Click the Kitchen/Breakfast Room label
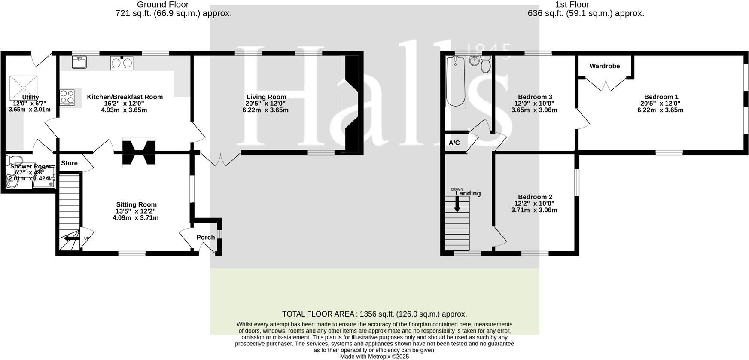click(x=125, y=97)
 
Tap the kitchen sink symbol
click(x=79, y=63)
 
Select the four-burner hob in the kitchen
click(x=67, y=98)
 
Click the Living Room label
click(x=266, y=97)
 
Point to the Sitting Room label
click(x=136, y=205)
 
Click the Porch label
click(x=205, y=238)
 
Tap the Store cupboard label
click(x=69, y=163)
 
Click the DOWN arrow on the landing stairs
click(x=457, y=203)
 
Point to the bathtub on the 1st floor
click(x=455, y=82)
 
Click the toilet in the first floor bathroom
click(x=486, y=65)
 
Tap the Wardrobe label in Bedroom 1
click(x=604, y=66)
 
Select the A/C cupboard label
click(x=454, y=143)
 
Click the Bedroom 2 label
click(x=535, y=197)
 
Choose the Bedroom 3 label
click(x=535, y=97)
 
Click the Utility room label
click(x=30, y=98)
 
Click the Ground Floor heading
click(x=163, y=5)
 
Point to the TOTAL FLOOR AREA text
click(x=374, y=314)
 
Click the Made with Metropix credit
click(x=374, y=357)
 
